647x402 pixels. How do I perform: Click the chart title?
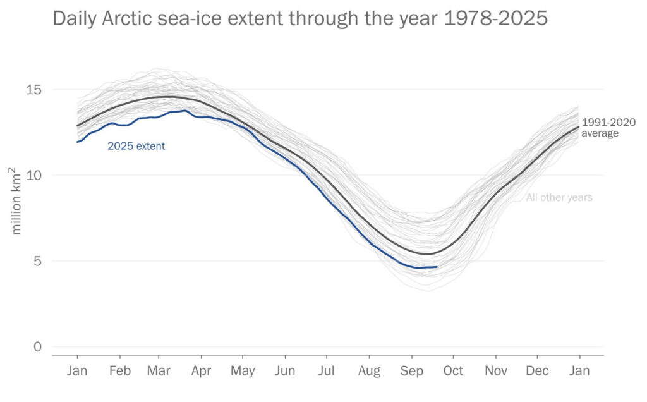299,19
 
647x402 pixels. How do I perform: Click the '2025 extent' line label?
136,146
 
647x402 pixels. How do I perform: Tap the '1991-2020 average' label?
608,128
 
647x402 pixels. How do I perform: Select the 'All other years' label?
559,198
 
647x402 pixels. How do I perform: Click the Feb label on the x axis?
119,371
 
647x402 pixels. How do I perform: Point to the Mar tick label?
159,371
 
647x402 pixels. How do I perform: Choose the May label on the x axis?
243,371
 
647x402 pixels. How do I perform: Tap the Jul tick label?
327,371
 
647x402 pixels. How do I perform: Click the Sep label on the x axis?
412,371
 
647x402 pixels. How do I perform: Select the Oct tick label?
453,371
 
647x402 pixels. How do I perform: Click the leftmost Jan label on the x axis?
77,371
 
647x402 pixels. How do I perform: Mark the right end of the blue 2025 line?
437,267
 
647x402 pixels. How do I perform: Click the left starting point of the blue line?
77,142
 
